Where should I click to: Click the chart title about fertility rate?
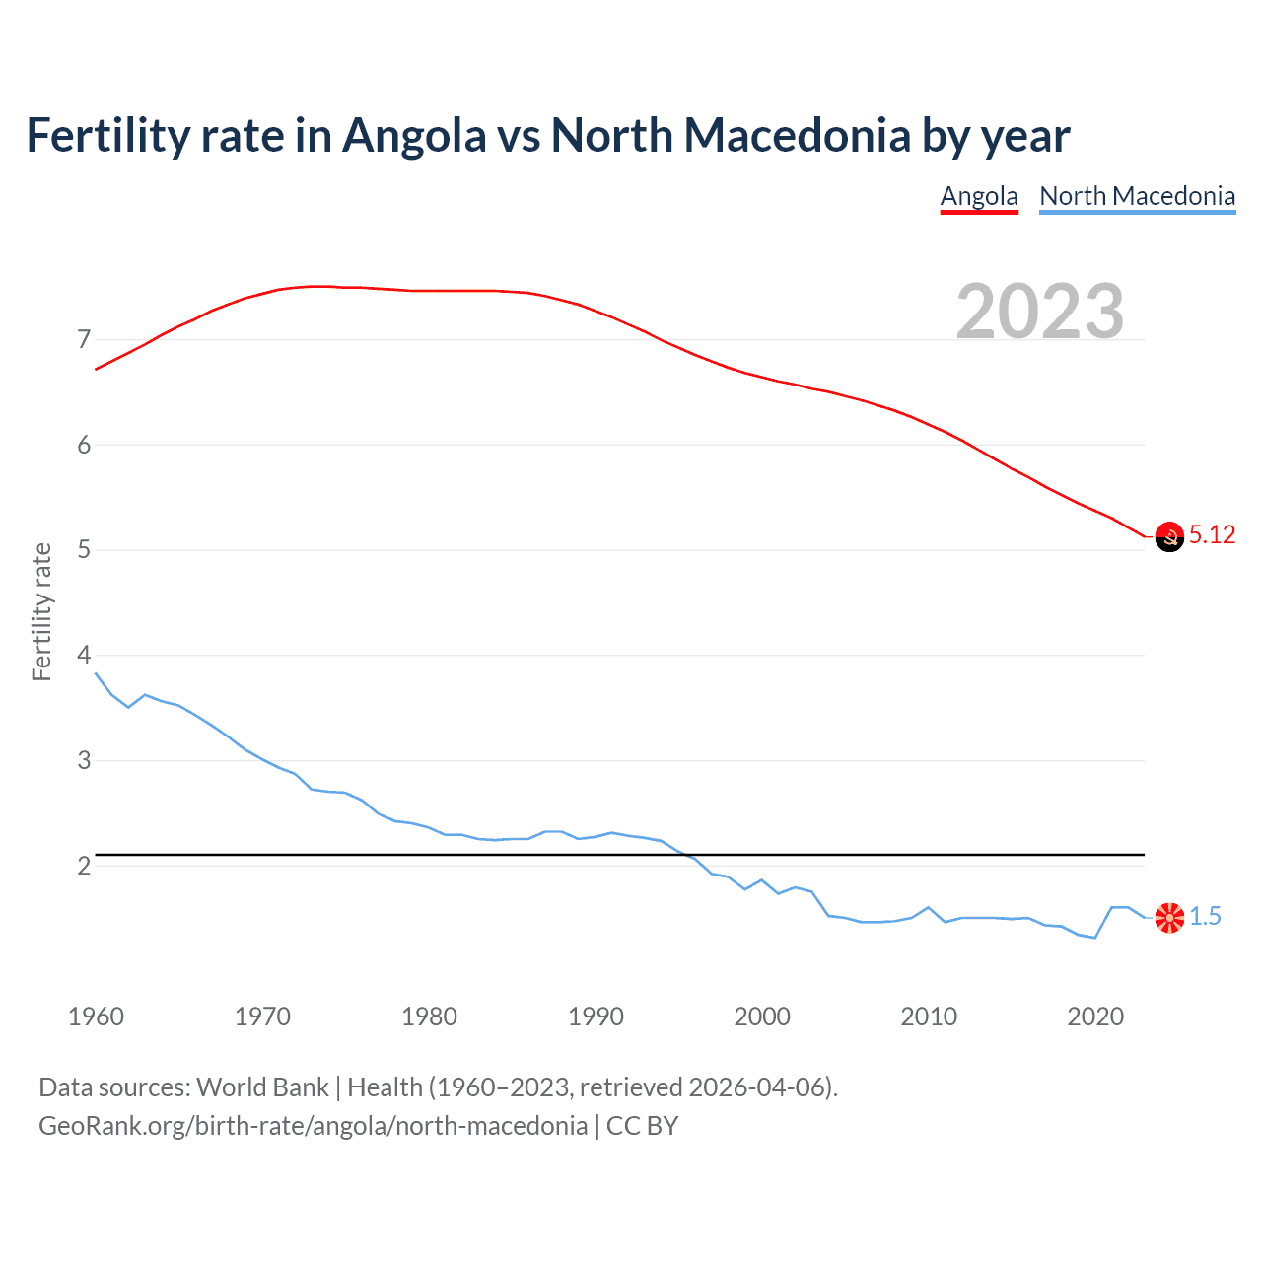[x=547, y=136]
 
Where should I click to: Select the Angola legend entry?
[x=978, y=196]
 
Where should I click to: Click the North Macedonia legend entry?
[x=1137, y=196]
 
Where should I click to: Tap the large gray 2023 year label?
[x=1039, y=312]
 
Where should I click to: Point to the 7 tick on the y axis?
[x=84, y=340]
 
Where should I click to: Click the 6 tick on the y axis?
[x=84, y=446]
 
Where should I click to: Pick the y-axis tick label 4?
[x=84, y=656]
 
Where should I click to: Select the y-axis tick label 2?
[x=84, y=867]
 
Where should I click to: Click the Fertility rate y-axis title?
[x=41, y=611]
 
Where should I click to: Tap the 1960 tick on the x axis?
[x=96, y=1017]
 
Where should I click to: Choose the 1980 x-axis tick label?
[x=429, y=1017]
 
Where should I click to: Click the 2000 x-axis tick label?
[x=762, y=1017]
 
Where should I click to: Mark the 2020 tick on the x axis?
[x=1095, y=1017]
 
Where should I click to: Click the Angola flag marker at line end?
[x=1169, y=536]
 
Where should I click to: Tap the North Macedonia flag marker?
[x=1169, y=917]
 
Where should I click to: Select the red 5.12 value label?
[x=1212, y=535]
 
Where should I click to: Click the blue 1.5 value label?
[x=1205, y=917]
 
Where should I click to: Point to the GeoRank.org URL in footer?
[x=313, y=1126]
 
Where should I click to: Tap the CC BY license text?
[x=642, y=1126]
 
